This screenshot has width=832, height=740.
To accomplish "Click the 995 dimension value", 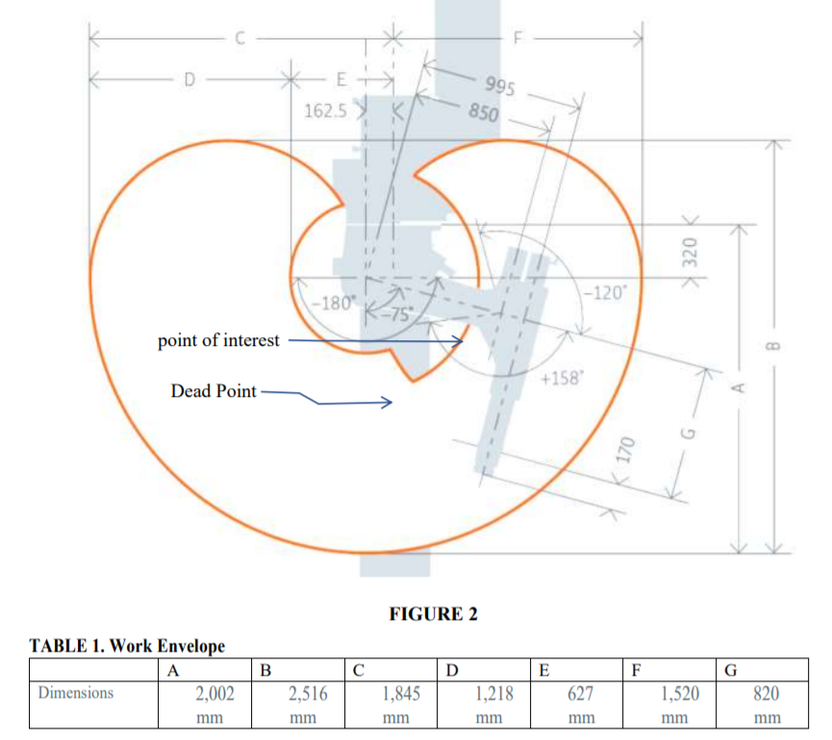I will tap(500, 86).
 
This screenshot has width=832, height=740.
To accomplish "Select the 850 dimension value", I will tap(483, 111).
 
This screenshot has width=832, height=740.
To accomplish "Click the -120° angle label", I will tap(606, 291).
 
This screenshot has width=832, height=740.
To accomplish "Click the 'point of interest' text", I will tap(218, 340).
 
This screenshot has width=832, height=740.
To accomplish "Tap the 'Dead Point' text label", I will tap(214, 391).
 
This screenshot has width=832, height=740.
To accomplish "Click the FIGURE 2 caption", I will tap(433, 614).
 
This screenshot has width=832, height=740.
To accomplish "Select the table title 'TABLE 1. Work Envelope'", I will tap(127, 646).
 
